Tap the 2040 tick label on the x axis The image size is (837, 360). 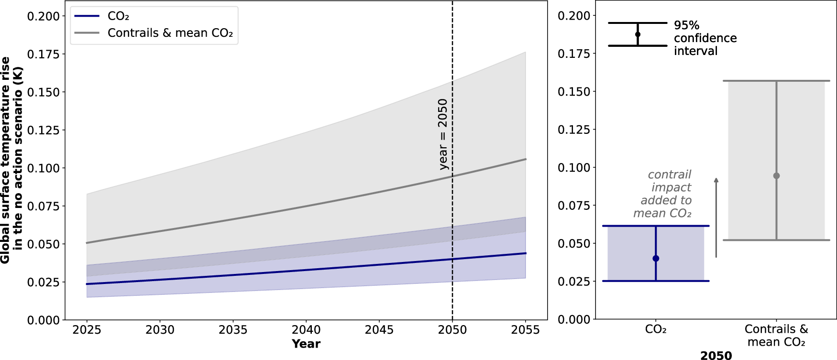click(306, 330)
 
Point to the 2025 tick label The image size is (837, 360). click(87, 330)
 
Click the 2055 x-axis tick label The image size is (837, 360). click(525, 330)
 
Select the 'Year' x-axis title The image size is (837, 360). click(306, 344)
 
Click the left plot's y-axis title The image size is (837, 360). click(11, 160)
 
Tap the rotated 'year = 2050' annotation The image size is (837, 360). click(443, 134)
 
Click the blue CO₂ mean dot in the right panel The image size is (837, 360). click(656, 259)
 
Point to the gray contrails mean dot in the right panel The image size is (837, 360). click(776, 176)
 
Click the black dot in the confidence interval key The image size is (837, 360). click(638, 34)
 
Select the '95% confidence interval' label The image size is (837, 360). click(705, 38)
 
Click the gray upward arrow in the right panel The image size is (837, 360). click(716, 218)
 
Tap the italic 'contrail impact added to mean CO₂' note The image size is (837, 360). click(663, 194)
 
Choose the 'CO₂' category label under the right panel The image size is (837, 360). click(656, 329)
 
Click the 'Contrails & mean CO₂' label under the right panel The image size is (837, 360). click(776, 336)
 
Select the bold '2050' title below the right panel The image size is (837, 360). click(716, 355)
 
